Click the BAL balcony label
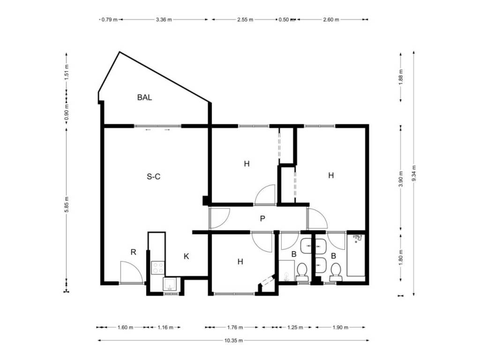coord(144,97)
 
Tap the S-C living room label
coord(154,177)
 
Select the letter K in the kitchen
coord(186,256)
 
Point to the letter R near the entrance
coord(133,252)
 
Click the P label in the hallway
coord(262,218)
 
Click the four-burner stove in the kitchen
coord(158,268)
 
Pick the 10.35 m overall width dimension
coord(233,340)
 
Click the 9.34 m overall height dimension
coord(414,173)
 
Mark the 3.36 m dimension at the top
coord(164,20)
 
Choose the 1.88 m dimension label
coord(401,78)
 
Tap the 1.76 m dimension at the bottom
coord(235,328)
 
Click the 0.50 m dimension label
coord(284,20)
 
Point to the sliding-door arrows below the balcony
coord(157,130)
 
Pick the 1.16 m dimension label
coord(165,328)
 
